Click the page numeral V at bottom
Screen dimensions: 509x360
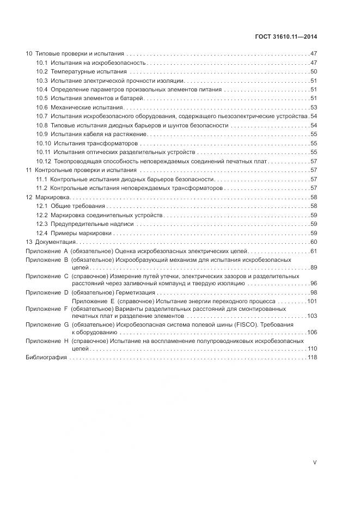(x=315, y=462)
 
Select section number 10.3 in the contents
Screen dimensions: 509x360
(x=42, y=81)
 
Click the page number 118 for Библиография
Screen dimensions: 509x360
(x=312, y=358)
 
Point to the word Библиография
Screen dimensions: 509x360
(x=46, y=358)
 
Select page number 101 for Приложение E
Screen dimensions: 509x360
(x=312, y=301)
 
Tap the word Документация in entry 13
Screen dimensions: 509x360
(x=56, y=242)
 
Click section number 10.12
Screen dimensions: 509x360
(x=44, y=161)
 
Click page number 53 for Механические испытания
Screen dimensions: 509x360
(x=314, y=108)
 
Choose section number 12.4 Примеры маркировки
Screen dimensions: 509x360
(x=42, y=233)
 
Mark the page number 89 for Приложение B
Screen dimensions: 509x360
(x=314, y=268)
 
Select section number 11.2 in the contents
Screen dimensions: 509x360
(x=42, y=188)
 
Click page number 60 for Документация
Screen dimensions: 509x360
(x=314, y=242)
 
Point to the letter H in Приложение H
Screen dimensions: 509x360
(x=66, y=340)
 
